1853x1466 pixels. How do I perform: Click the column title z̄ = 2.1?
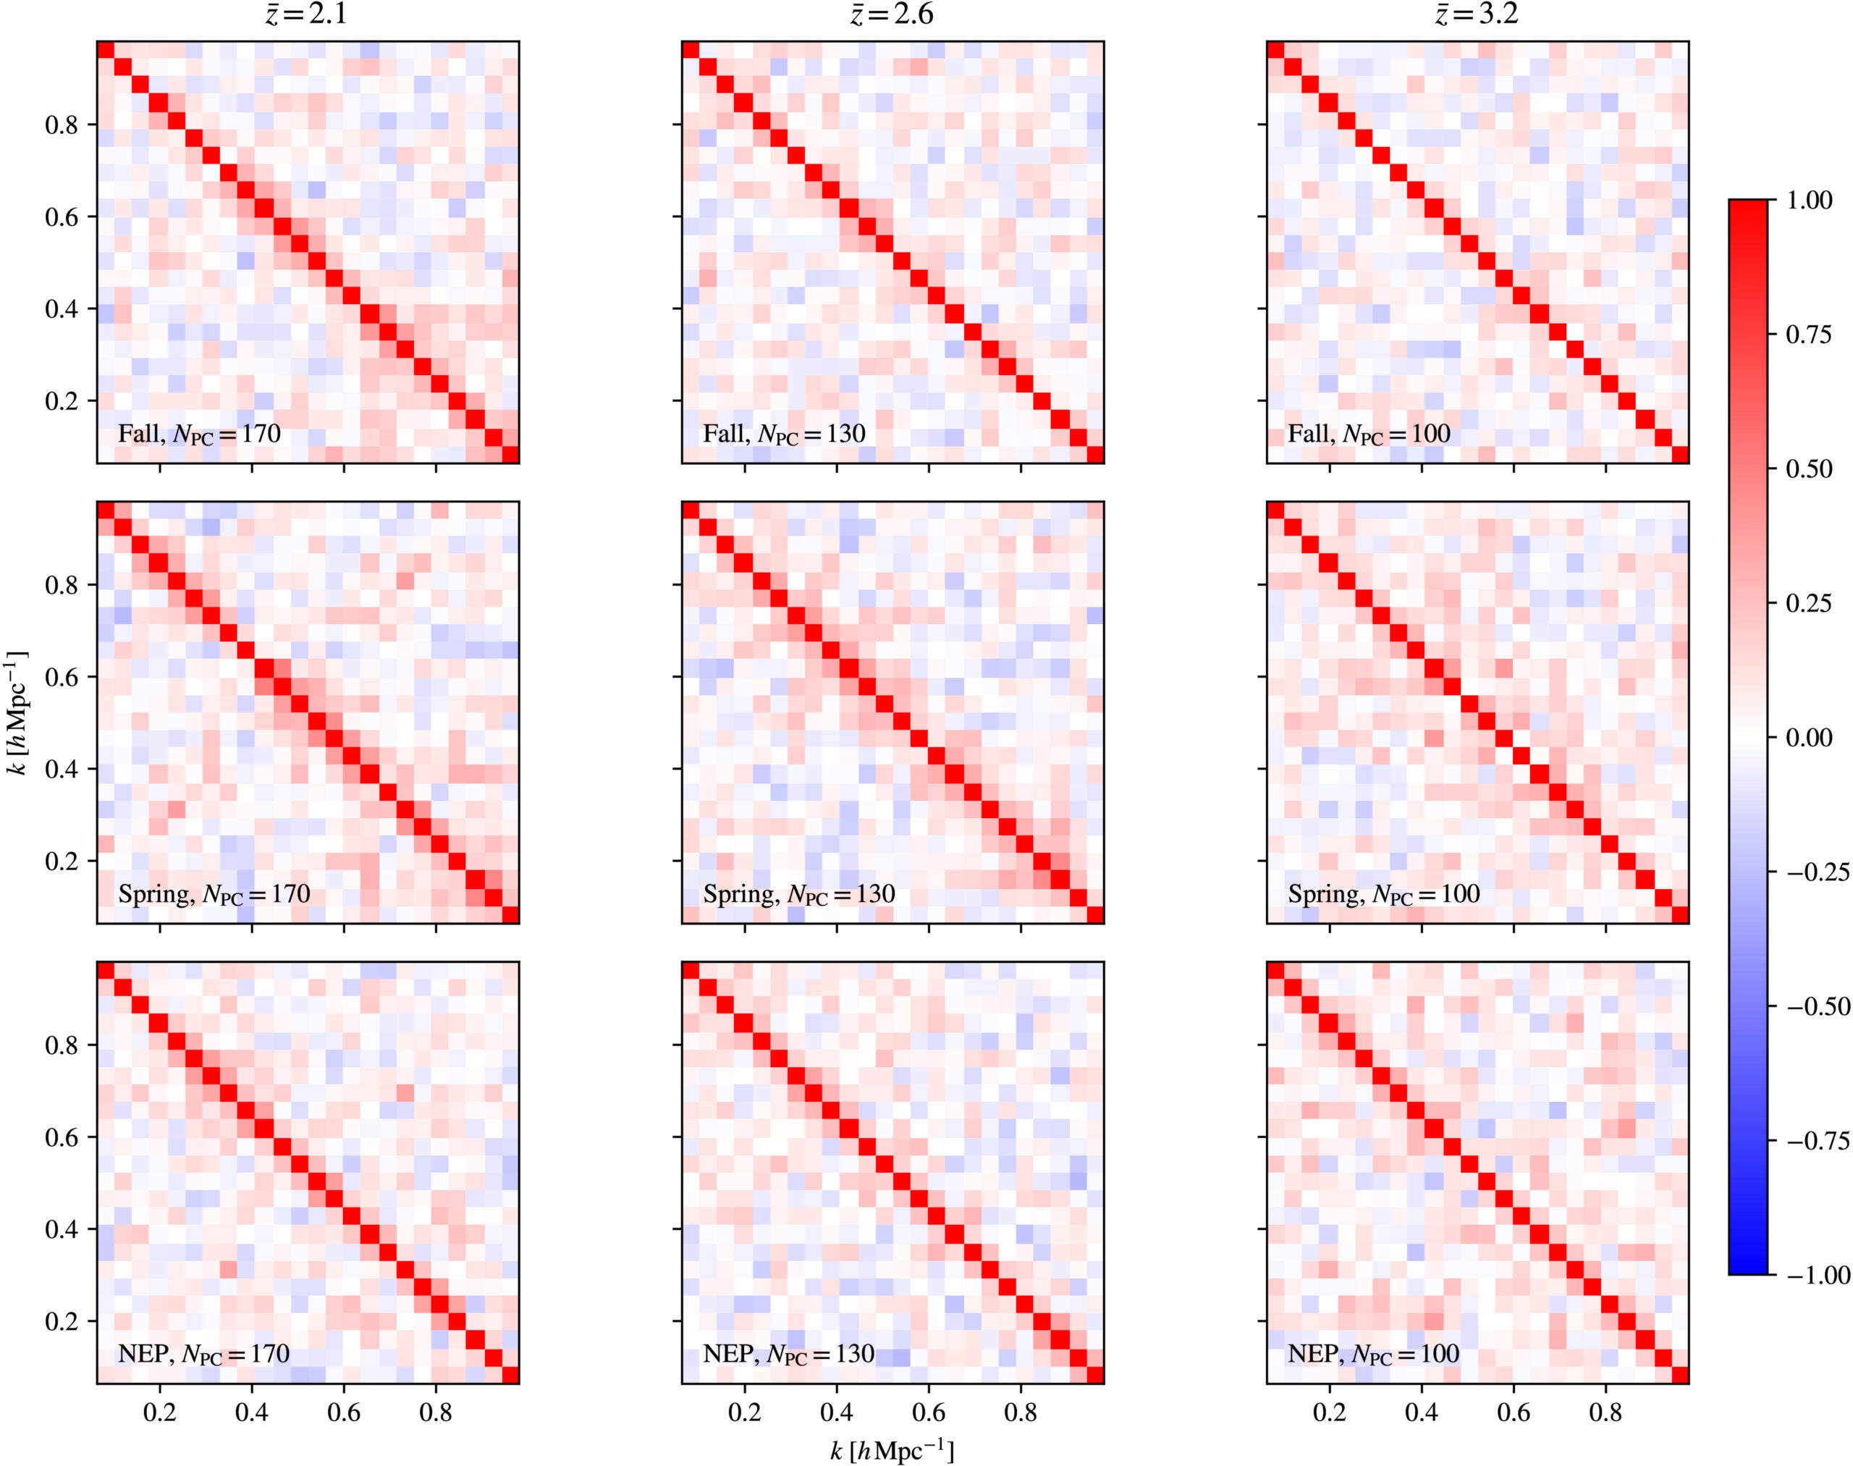pos(307,14)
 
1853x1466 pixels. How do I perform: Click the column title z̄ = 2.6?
pos(892,14)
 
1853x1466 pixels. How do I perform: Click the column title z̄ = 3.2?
pos(1477,14)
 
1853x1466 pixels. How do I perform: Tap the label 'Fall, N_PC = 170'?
pos(199,434)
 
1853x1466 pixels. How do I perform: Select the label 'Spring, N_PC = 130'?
pos(799,894)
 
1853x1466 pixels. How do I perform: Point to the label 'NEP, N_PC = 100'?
pos(1373,1355)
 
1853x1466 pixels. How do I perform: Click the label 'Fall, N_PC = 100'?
pos(1369,434)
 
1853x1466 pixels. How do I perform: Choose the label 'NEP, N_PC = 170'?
pos(203,1355)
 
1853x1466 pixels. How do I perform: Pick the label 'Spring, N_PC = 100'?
pos(1383,894)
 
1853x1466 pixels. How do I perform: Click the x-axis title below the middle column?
pos(892,1451)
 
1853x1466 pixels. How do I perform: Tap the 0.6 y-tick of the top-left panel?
pos(60,217)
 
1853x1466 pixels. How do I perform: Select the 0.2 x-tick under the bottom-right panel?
pos(1330,1412)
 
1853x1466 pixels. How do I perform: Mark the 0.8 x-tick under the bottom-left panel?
pos(436,1412)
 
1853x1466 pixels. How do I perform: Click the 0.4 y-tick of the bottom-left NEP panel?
pos(60,1229)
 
